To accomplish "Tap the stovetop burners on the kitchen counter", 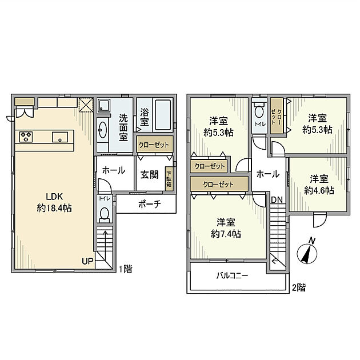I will [x=26, y=137].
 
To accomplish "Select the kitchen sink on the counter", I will [x=60, y=137].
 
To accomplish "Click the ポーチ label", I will [x=148, y=204].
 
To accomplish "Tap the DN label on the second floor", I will [x=276, y=199].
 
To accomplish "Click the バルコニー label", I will [x=231, y=275].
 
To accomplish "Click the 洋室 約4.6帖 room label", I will [x=318, y=184].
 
